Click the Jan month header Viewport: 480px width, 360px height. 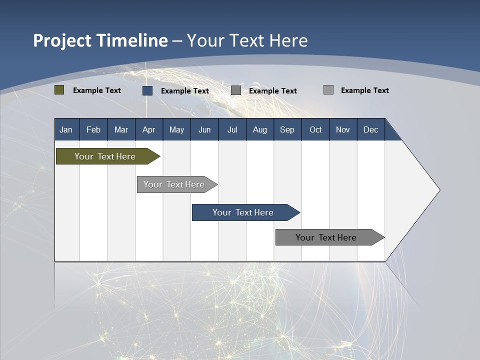coord(66,129)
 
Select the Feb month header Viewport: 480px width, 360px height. coord(93,129)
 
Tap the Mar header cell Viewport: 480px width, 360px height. coord(121,129)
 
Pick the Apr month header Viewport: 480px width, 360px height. coord(149,129)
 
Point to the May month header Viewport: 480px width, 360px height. coord(176,129)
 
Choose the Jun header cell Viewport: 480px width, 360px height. coord(204,129)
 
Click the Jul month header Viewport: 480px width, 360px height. coord(232,129)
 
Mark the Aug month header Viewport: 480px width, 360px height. coord(260,129)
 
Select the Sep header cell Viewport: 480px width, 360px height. coord(287,129)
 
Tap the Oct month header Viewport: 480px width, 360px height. coord(315,129)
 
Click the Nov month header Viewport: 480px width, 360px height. coord(343,129)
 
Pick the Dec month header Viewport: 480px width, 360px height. coord(371,129)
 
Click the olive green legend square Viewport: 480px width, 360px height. coord(59,90)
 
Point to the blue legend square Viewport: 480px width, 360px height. coord(147,90)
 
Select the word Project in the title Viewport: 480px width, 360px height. coord(62,40)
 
